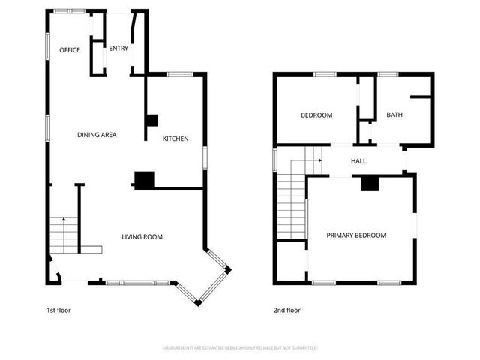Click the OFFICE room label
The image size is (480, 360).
click(70, 49)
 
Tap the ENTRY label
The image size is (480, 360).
click(118, 49)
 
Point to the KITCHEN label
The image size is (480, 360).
click(175, 139)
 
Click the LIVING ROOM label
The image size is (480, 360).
click(142, 237)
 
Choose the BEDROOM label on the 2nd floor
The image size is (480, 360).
click(316, 115)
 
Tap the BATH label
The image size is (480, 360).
click(394, 115)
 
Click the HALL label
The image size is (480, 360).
click(358, 160)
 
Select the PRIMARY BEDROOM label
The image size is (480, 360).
click(356, 235)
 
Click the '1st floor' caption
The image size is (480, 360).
click(58, 310)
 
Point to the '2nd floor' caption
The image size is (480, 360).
click(286, 310)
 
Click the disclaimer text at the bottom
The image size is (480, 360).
click(240, 348)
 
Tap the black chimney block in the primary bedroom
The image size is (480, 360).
click(370, 184)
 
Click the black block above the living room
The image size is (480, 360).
click(143, 179)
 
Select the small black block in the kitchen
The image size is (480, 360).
click(151, 120)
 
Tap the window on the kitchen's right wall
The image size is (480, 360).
click(205, 158)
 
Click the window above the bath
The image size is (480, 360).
click(388, 73)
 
